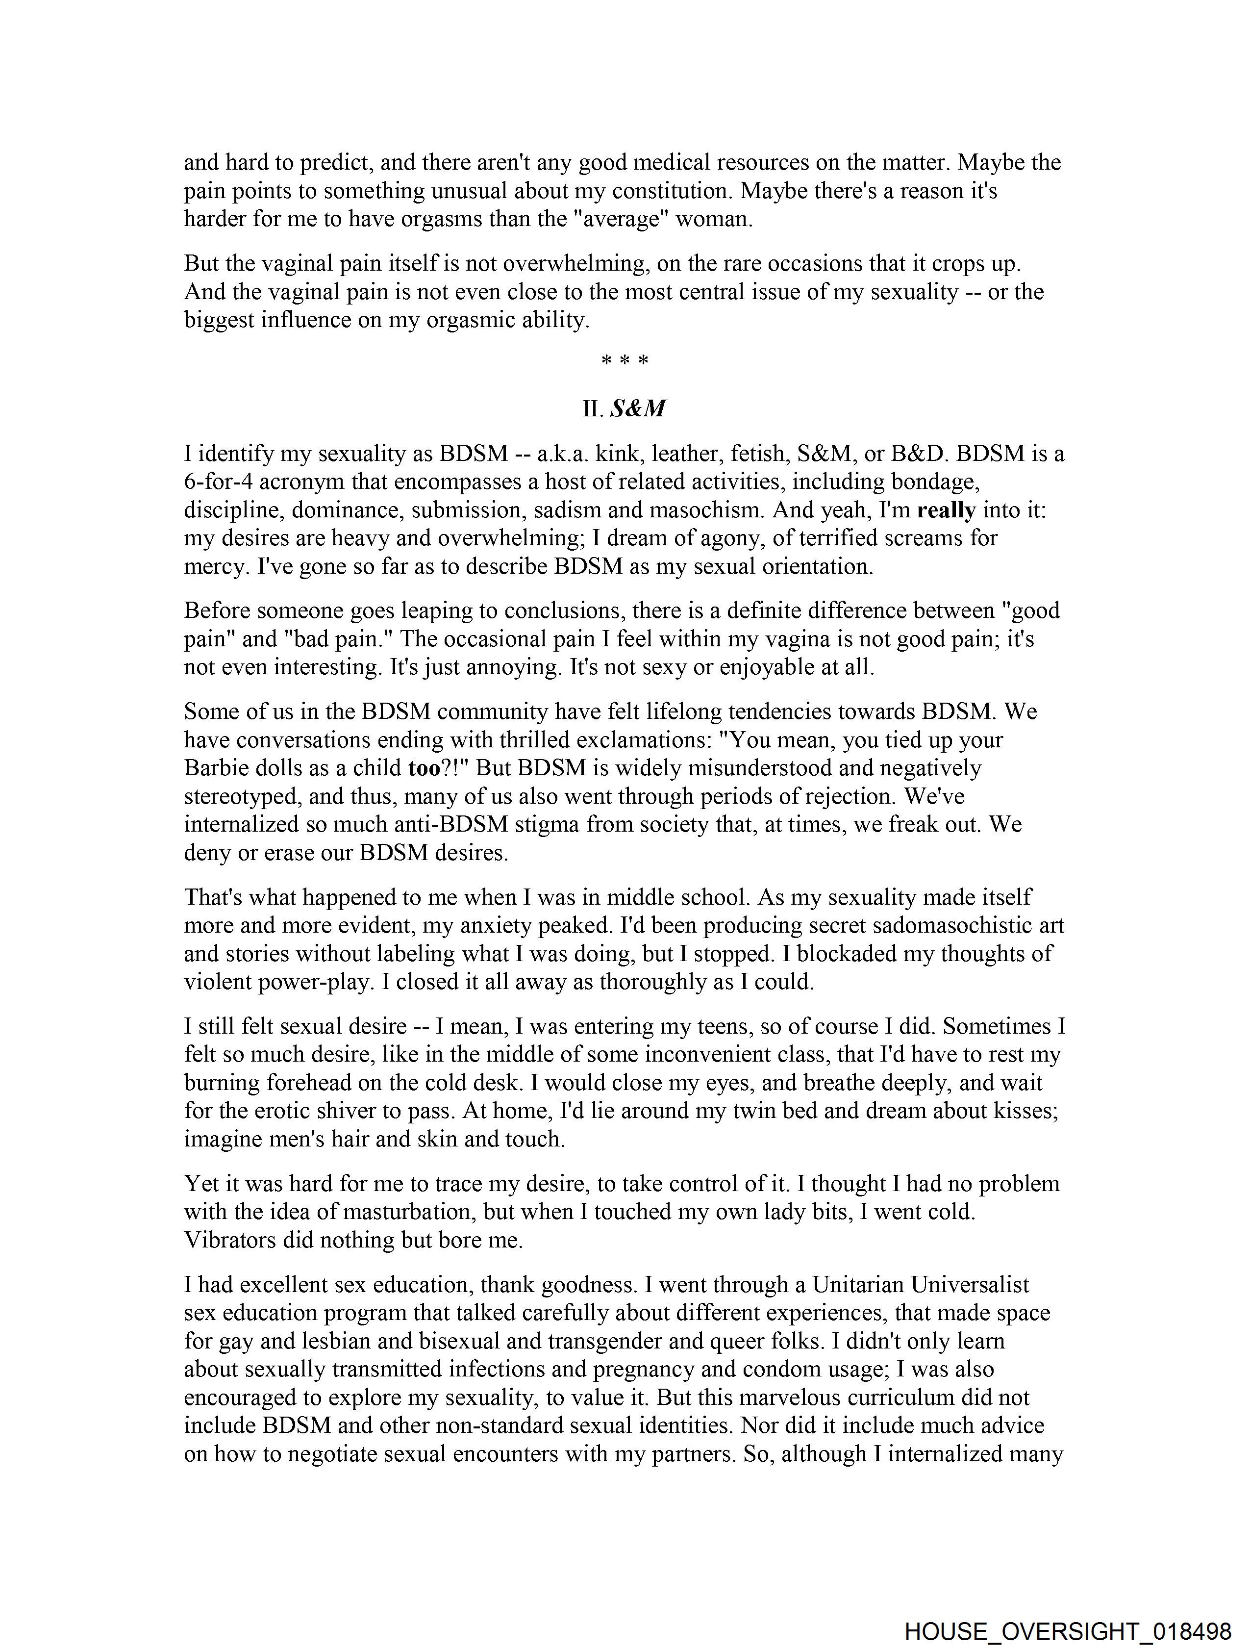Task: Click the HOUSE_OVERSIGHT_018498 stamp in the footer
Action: coord(1067,1630)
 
